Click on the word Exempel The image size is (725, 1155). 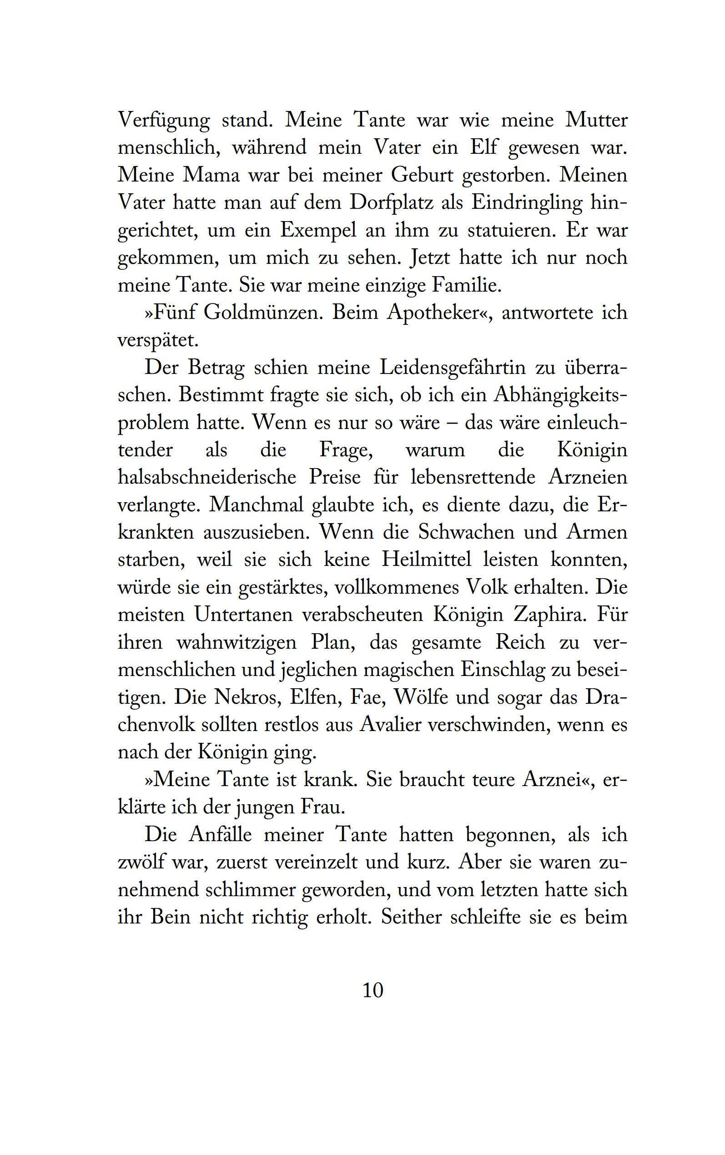click(x=318, y=231)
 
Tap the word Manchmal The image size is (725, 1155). click(x=257, y=505)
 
